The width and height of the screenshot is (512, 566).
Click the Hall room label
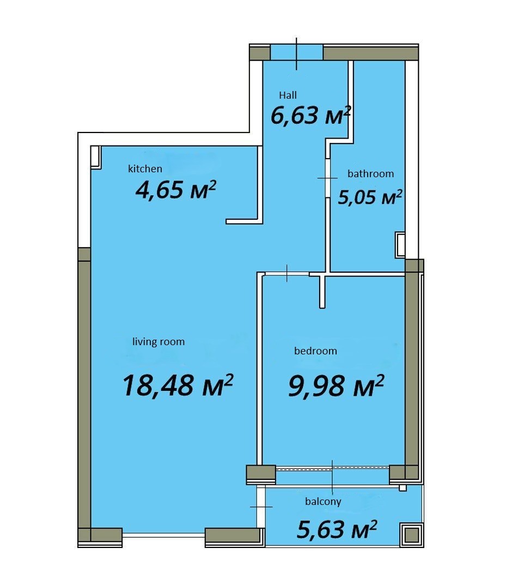point(288,95)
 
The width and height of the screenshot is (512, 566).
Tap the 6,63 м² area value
point(310,116)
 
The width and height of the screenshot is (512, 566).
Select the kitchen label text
point(145,168)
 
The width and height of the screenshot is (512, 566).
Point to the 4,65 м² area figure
point(175,190)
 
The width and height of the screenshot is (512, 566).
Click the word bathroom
point(371,173)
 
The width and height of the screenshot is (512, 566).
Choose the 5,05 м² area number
point(370,197)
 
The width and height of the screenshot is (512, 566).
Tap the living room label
point(159,342)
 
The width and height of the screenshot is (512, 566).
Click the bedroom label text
point(315,351)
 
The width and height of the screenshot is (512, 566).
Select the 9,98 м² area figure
point(336,386)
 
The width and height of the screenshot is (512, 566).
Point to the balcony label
point(323,502)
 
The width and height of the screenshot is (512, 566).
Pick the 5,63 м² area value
point(337,529)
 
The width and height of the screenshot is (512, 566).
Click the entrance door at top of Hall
point(296,52)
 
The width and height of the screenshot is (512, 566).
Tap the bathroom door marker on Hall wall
point(327,178)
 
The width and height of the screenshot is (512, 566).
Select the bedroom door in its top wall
point(287,274)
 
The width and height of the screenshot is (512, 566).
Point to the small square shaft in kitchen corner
point(95,156)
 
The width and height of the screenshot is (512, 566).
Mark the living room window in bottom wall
point(164,535)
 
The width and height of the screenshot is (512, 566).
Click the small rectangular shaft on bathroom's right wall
point(400,245)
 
